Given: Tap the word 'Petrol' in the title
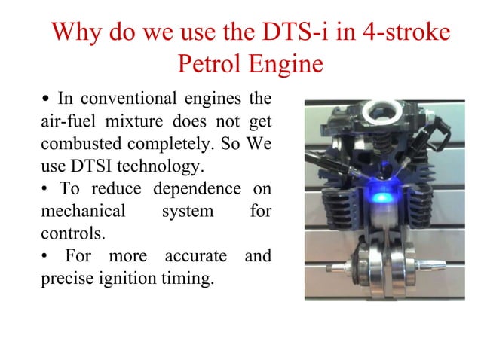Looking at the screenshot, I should pos(207,64).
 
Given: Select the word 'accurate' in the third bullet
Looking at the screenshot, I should pos(199,255).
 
